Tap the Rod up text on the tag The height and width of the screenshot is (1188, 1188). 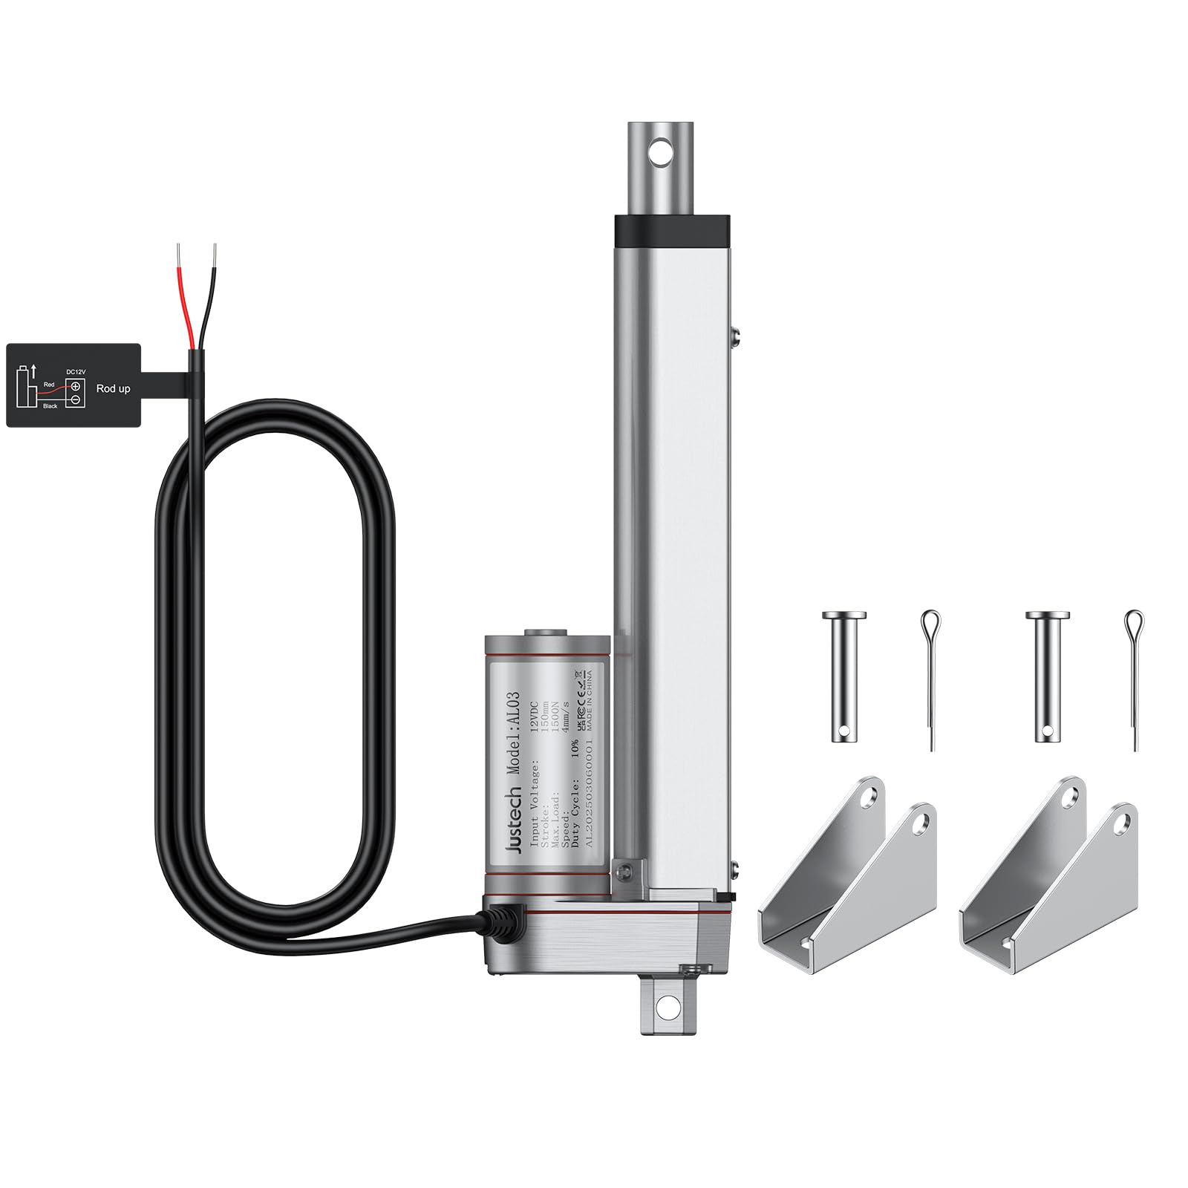pos(113,389)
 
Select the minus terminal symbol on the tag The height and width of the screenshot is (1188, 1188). pos(76,400)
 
